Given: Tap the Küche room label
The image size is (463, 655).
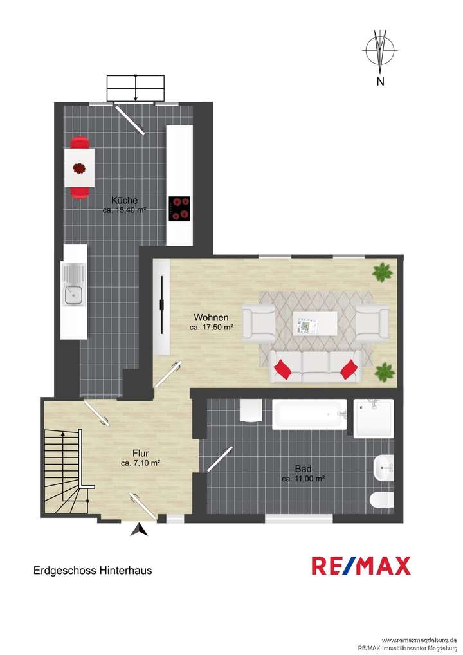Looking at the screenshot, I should (124, 200).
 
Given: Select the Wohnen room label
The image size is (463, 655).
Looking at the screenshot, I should (211, 317).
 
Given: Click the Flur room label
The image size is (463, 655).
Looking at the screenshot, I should (140, 452).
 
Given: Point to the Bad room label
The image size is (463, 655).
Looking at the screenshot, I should (303, 468).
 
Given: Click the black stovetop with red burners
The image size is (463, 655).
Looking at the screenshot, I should (179, 208).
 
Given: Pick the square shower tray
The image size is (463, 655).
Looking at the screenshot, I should (373, 418).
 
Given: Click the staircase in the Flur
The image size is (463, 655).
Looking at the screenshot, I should (64, 471).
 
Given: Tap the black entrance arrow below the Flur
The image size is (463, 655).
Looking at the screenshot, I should (139, 530).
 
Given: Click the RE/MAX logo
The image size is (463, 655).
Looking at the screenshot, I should (361, 566).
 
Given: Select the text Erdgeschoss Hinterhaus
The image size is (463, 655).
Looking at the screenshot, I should (93, 570).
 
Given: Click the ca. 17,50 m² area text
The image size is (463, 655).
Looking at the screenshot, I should (211, 327).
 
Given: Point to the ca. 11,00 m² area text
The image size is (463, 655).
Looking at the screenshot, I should (303, 479).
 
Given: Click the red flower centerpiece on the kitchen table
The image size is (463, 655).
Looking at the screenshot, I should (79, 169).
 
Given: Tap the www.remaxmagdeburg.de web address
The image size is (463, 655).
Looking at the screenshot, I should (419, 640).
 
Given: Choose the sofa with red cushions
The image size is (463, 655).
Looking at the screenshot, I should (316, 367).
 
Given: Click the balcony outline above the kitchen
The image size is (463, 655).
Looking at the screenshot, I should (135, 88).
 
